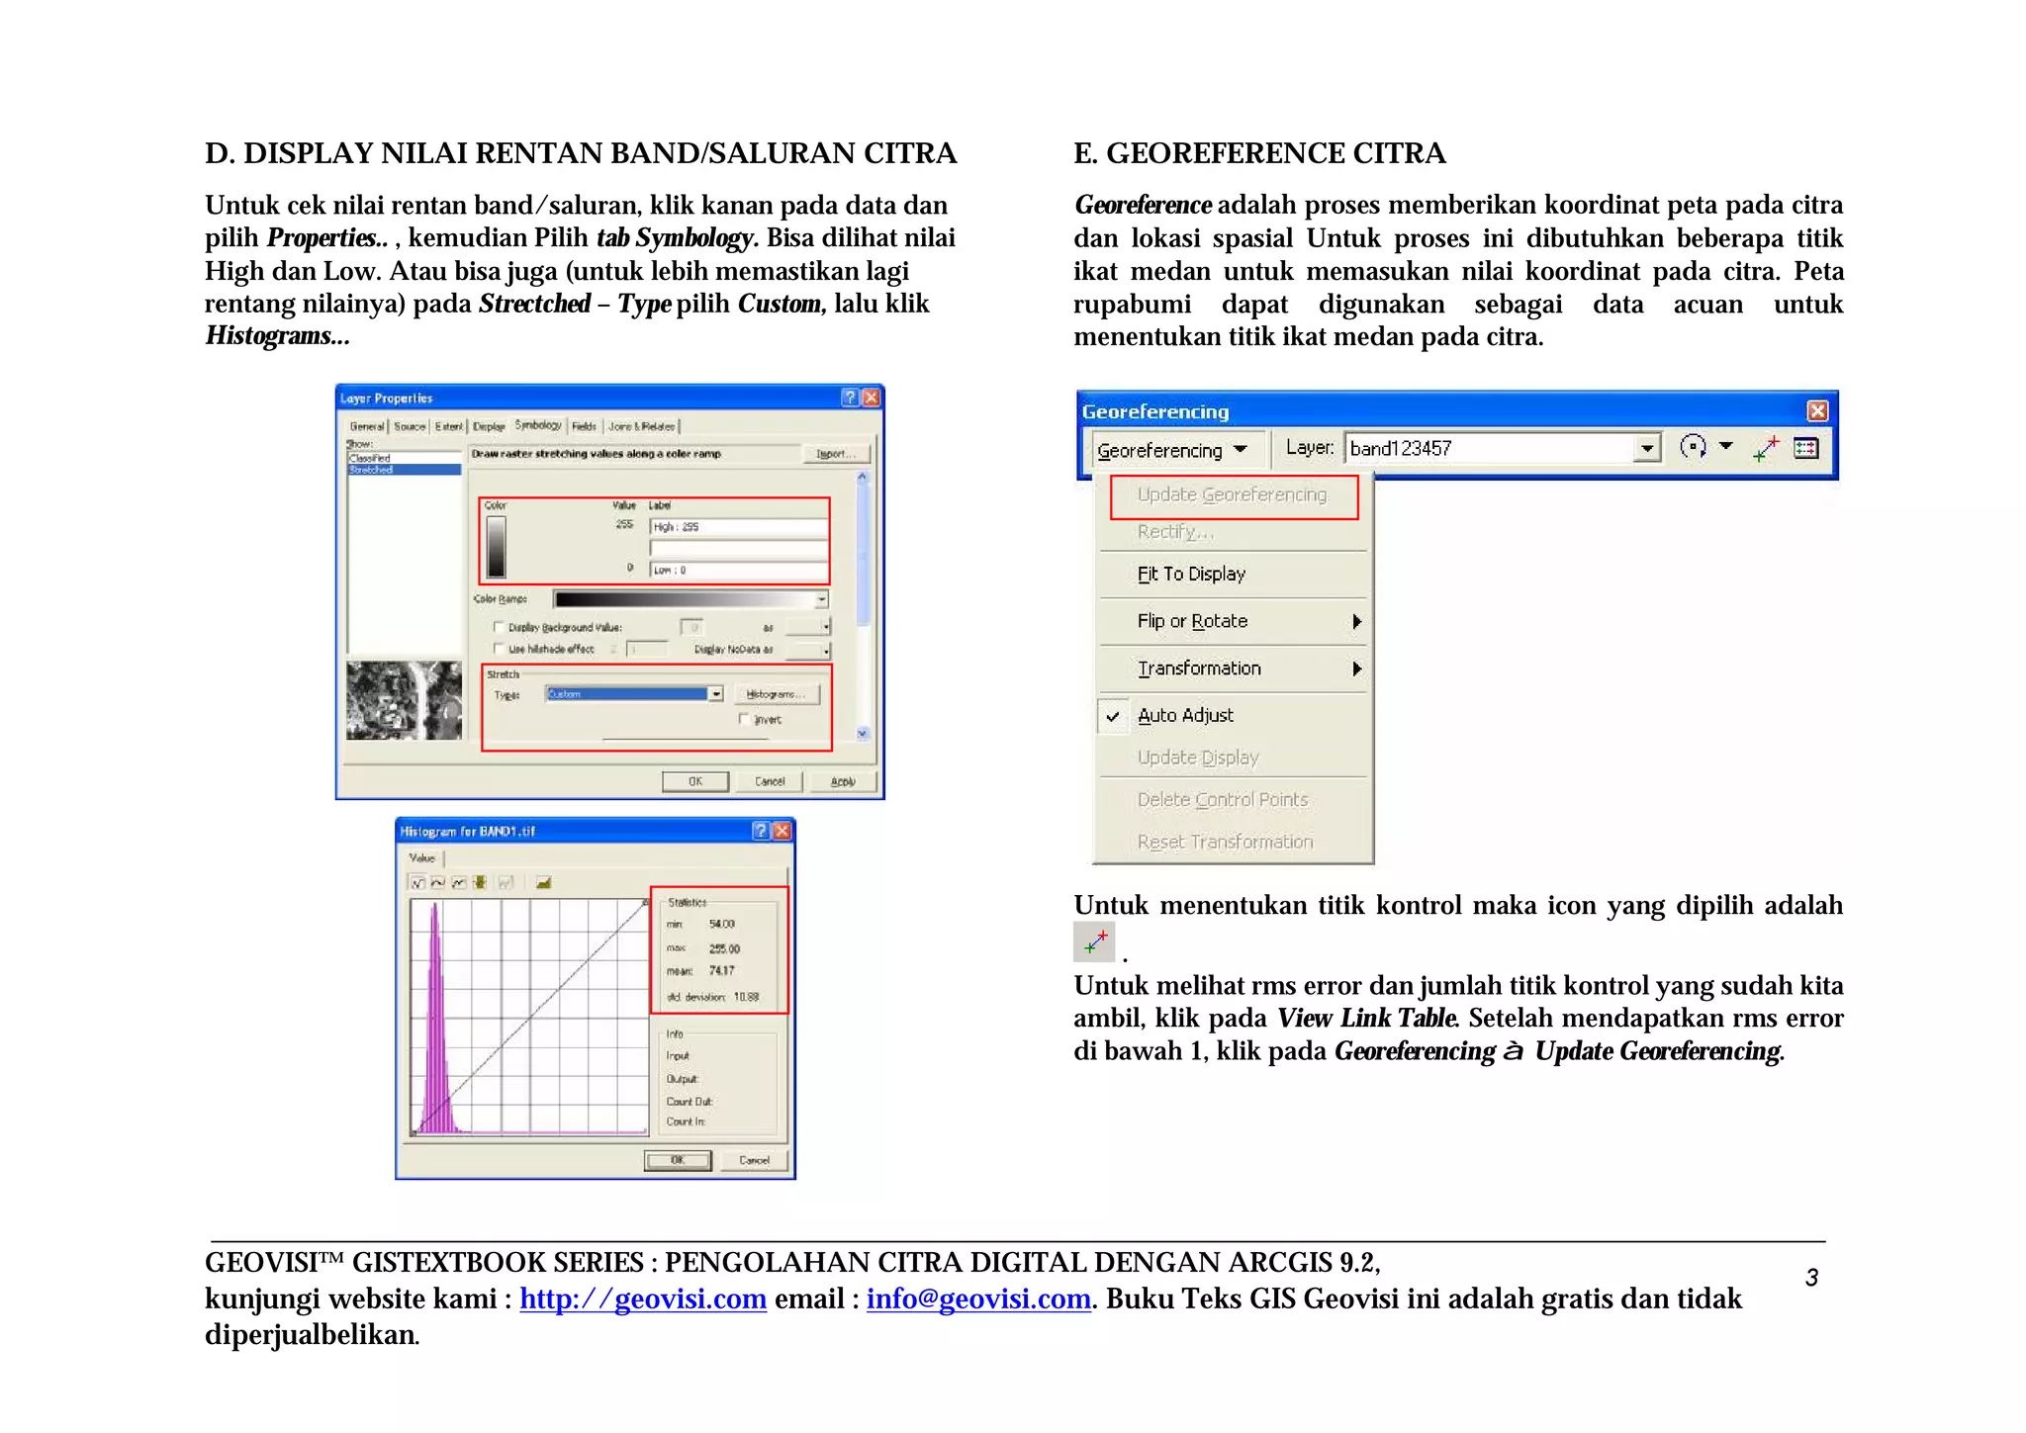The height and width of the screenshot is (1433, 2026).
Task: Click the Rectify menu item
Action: tap(1174, 532)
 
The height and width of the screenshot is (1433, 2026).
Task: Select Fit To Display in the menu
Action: tap(1191, 575)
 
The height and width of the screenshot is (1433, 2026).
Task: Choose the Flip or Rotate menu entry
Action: tap(1192, 622)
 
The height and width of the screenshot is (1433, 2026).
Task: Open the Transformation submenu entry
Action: tap(1199, 670)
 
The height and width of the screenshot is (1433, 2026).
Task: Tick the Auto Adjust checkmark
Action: tap(1113, 716)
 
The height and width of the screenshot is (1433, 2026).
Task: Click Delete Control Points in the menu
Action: tap(1223, 800)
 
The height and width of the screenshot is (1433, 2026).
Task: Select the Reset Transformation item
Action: tap(1225, 843)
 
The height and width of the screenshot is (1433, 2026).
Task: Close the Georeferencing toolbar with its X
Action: tap(1817, 411)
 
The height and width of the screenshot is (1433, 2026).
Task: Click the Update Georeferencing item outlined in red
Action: tap(1232, 495)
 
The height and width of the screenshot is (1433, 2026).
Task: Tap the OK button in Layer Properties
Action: tap(695, 782)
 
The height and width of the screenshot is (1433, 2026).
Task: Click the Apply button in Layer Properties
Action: tap(843, 782)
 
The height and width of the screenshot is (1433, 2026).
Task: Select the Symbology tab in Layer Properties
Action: tap(538, 426)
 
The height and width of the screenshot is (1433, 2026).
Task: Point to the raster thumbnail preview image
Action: tap(404, 701)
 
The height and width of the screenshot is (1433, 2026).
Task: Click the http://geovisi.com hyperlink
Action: tap(643, 1299)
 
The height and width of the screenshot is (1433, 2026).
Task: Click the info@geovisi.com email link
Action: tap(978, 1299)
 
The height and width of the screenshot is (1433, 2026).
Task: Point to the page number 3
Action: tap(1811, 1279)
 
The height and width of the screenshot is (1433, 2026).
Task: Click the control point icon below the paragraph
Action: tap(1094, 942)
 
